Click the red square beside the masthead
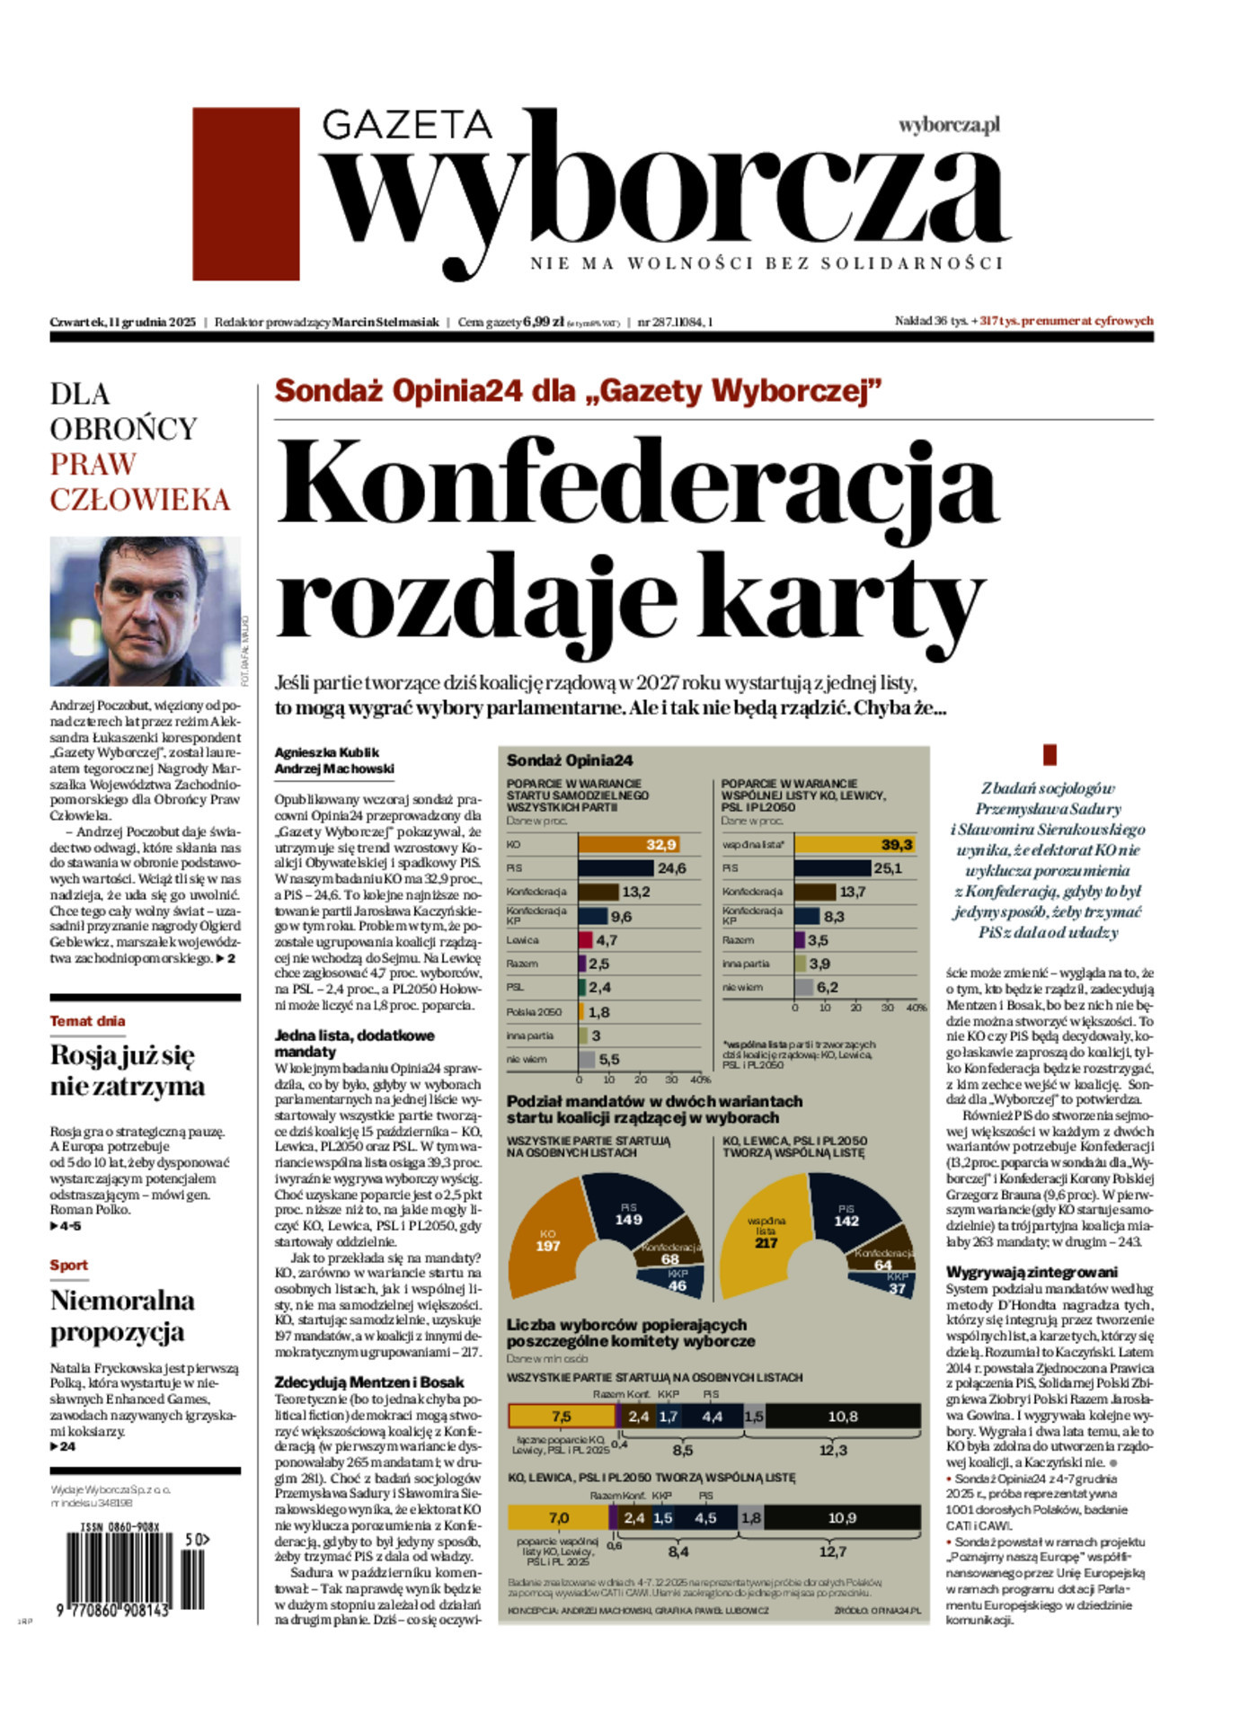coord(245,194)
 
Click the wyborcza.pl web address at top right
coord(949,125)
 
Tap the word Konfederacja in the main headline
coord(636,484)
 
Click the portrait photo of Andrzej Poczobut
coord(145,611)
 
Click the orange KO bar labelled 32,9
coord(627,845)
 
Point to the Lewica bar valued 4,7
coord(586,940)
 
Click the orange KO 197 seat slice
coord(548,1241)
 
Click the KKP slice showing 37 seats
coord(896,1286)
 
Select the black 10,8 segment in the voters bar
coord(842,1417)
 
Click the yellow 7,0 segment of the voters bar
coord(558,1518)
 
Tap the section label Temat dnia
coord(87,1021)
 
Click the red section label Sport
coord(68,1266)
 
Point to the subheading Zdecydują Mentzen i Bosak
coord(369,1382)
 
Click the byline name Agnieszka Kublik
coord(327,752)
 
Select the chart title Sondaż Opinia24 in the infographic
coord(570,760)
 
